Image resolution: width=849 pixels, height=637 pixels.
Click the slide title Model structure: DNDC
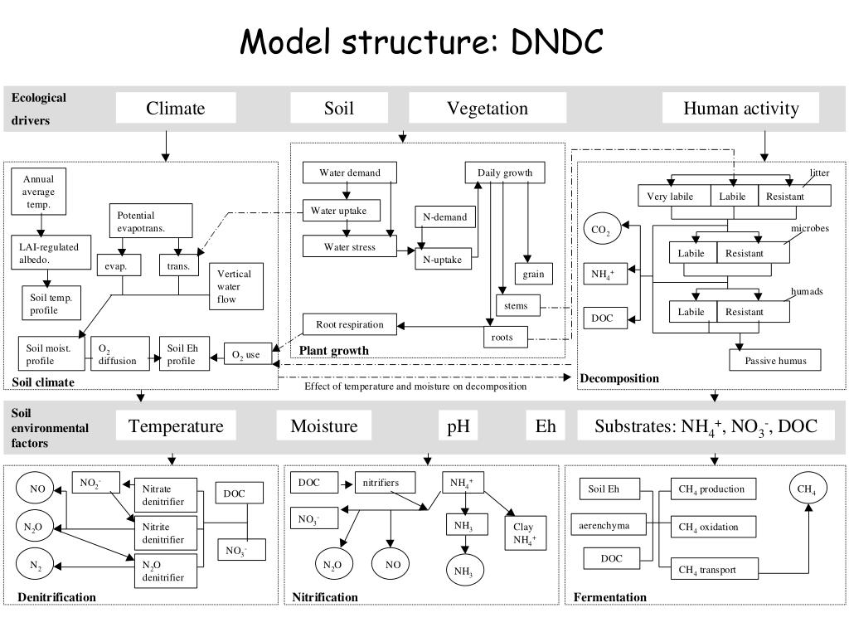(x=423, y=41)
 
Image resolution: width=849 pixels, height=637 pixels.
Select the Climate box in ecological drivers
(x=176, y=108)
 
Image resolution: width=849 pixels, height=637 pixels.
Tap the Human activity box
(x=740, y=108)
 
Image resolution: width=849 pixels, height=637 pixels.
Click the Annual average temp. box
(x=38, y=192)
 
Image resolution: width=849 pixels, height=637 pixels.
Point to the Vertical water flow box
(x=235, y=287)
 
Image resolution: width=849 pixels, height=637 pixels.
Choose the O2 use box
(x=245, y=355)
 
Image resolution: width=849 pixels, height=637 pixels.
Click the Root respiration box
(x=350, y=325)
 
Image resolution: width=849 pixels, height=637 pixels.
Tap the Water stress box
(x=349, y=247)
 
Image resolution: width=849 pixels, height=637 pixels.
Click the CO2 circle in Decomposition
(x=601, y=230)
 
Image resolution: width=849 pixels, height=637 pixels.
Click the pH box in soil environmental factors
(x=458, y=426)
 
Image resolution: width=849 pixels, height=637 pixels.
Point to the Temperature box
(x=176, y=426)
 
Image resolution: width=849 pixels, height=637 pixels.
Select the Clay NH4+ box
(x=524, y=533)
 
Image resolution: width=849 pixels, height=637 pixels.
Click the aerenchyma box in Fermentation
(x=605, y=526)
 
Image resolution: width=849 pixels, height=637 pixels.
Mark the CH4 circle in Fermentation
(x=808, y=489)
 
